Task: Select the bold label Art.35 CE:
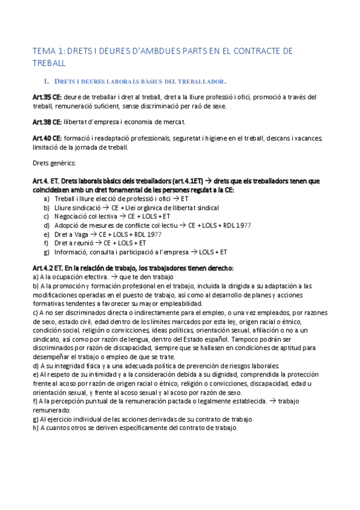point(47,97)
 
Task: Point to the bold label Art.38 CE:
point(47,122)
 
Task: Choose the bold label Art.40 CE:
point(47,138)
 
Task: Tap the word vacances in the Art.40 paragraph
point(309,138)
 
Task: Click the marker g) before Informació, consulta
point(47,252)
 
